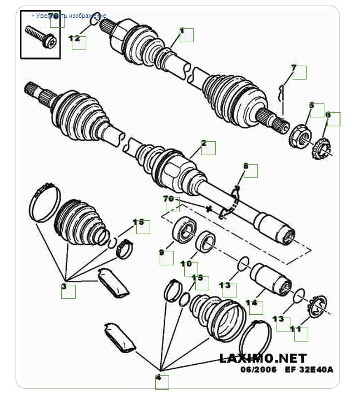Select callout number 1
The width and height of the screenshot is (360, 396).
point(183,32)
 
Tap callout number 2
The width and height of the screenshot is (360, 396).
point(205,144)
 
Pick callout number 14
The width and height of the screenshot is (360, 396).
point(252,304)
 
